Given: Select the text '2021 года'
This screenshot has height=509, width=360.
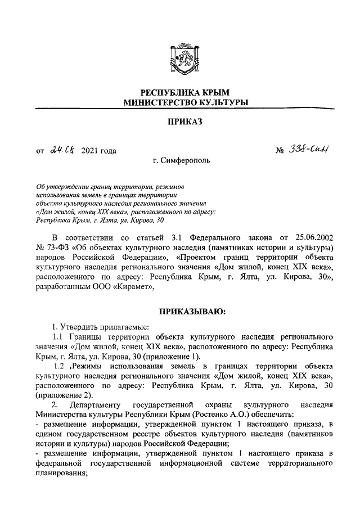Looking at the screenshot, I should click(99, 151).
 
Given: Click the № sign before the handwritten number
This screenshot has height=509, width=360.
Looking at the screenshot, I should click(280, 151).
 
